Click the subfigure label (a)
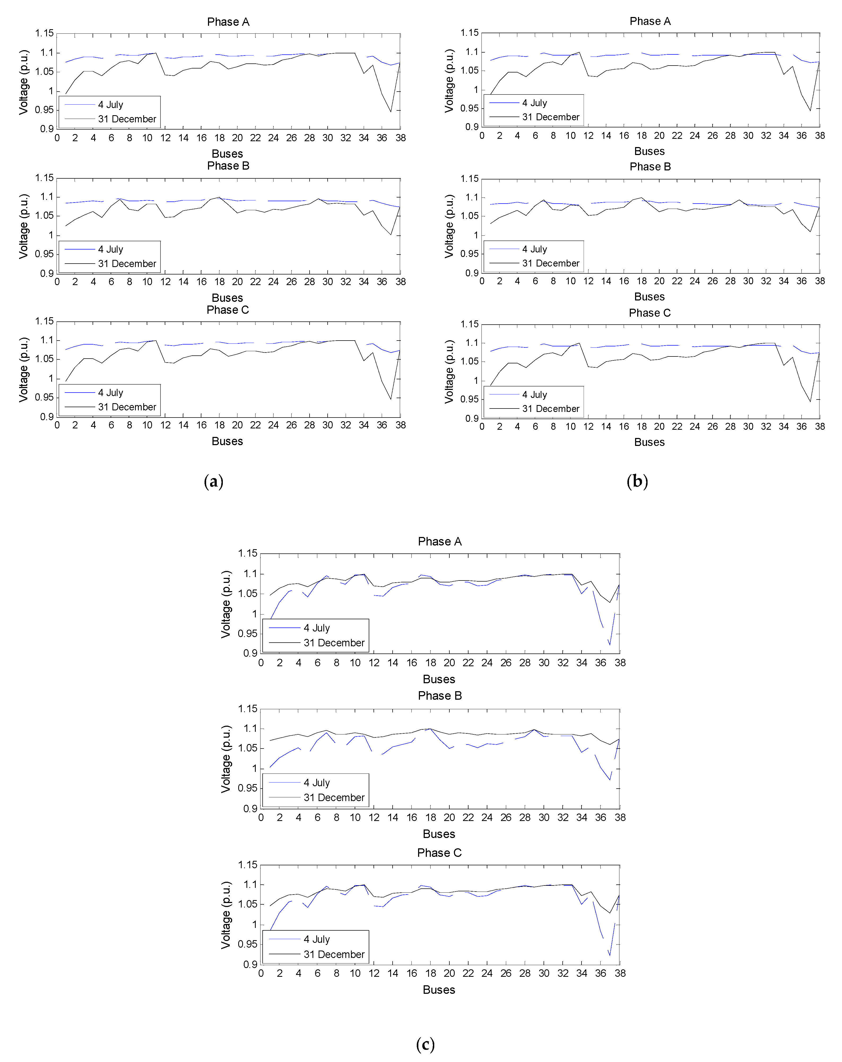pos(213,481)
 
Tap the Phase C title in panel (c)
pos(439,853)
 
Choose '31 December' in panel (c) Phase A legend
pos(334,643)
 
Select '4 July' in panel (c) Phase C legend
pos(316,939)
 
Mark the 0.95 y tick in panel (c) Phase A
pos(248,633)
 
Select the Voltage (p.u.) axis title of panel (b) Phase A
pos(449,81)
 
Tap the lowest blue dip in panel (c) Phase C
pos(610,955)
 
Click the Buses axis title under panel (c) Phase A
pos(439,679)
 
